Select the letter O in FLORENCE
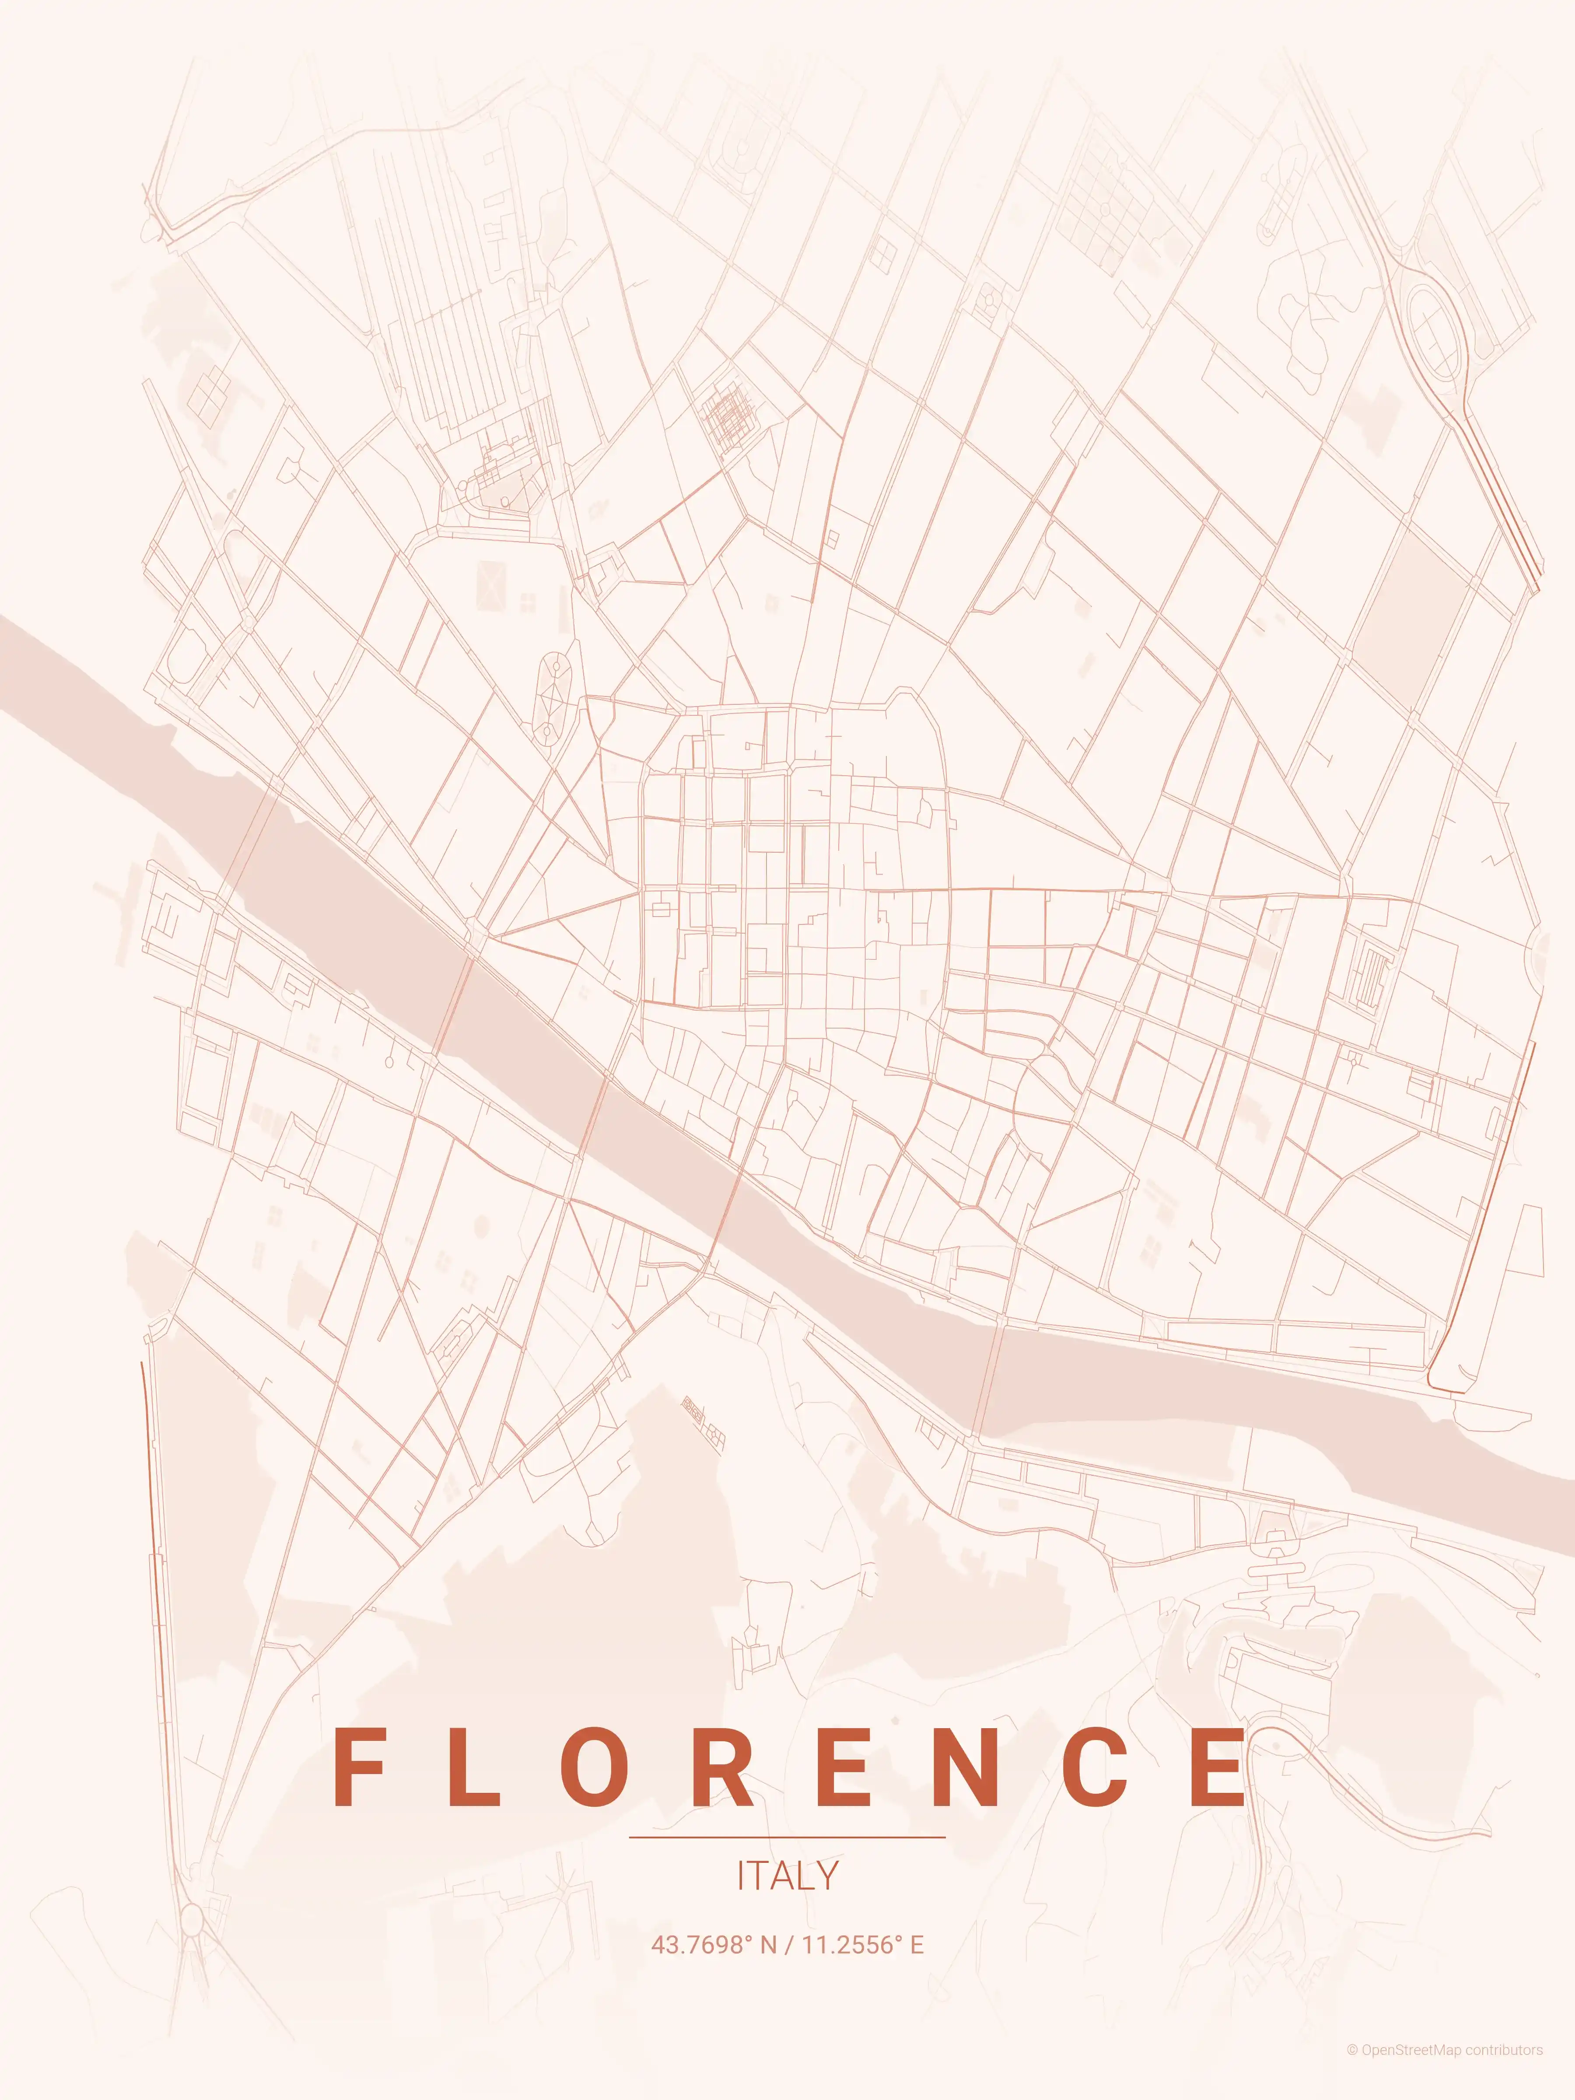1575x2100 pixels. (x=594, y=1768)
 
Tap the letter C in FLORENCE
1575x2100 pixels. (x=1095, y=1768)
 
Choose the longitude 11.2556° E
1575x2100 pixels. (x=862, y=1945)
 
